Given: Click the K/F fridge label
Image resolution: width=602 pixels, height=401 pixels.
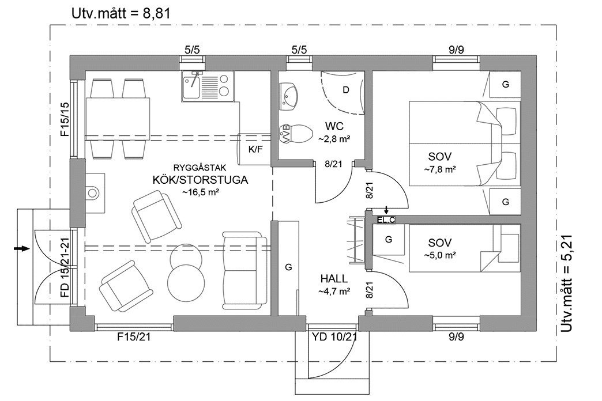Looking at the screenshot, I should tap(254, 149).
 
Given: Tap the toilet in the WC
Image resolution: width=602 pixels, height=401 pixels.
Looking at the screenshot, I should tap(292, 134).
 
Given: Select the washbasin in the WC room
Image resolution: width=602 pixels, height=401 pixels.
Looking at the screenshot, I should tap(290, 95).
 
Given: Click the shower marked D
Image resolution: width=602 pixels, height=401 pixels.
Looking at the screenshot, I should tap(345, 90).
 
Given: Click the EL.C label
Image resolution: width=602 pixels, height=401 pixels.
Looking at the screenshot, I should tap(386, 220).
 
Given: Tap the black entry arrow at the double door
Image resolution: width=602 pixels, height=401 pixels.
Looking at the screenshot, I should tap(21, 248).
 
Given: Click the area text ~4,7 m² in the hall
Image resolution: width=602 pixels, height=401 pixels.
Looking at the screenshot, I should tap(334, 292).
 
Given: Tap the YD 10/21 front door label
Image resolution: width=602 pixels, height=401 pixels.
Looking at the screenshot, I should tap(334, 337).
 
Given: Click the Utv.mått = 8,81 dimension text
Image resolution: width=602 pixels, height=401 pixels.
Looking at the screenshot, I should tap(121, 13).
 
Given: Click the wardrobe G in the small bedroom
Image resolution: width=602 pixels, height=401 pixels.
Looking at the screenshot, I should tap(389, 239).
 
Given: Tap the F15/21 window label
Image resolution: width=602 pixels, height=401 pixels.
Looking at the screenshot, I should tap(133, 337).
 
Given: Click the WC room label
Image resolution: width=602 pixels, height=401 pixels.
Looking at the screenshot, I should tap(334, 126).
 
